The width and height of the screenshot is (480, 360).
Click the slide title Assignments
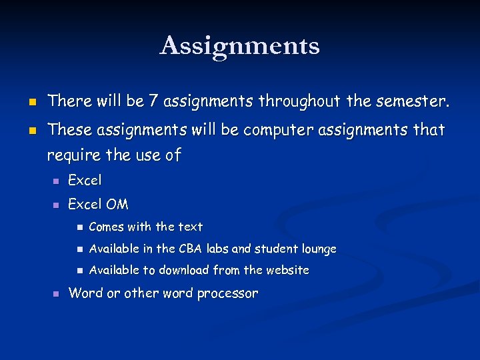[x=240, y=46]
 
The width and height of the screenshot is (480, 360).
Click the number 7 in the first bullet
[x=153, y=101]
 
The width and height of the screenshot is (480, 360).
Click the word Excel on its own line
[x=85, y=180]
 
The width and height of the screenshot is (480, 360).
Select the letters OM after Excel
[x=117, y=204]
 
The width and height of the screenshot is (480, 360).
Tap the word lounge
[x=319, y=249]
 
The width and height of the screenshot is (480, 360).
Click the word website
[x=287, y=270]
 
